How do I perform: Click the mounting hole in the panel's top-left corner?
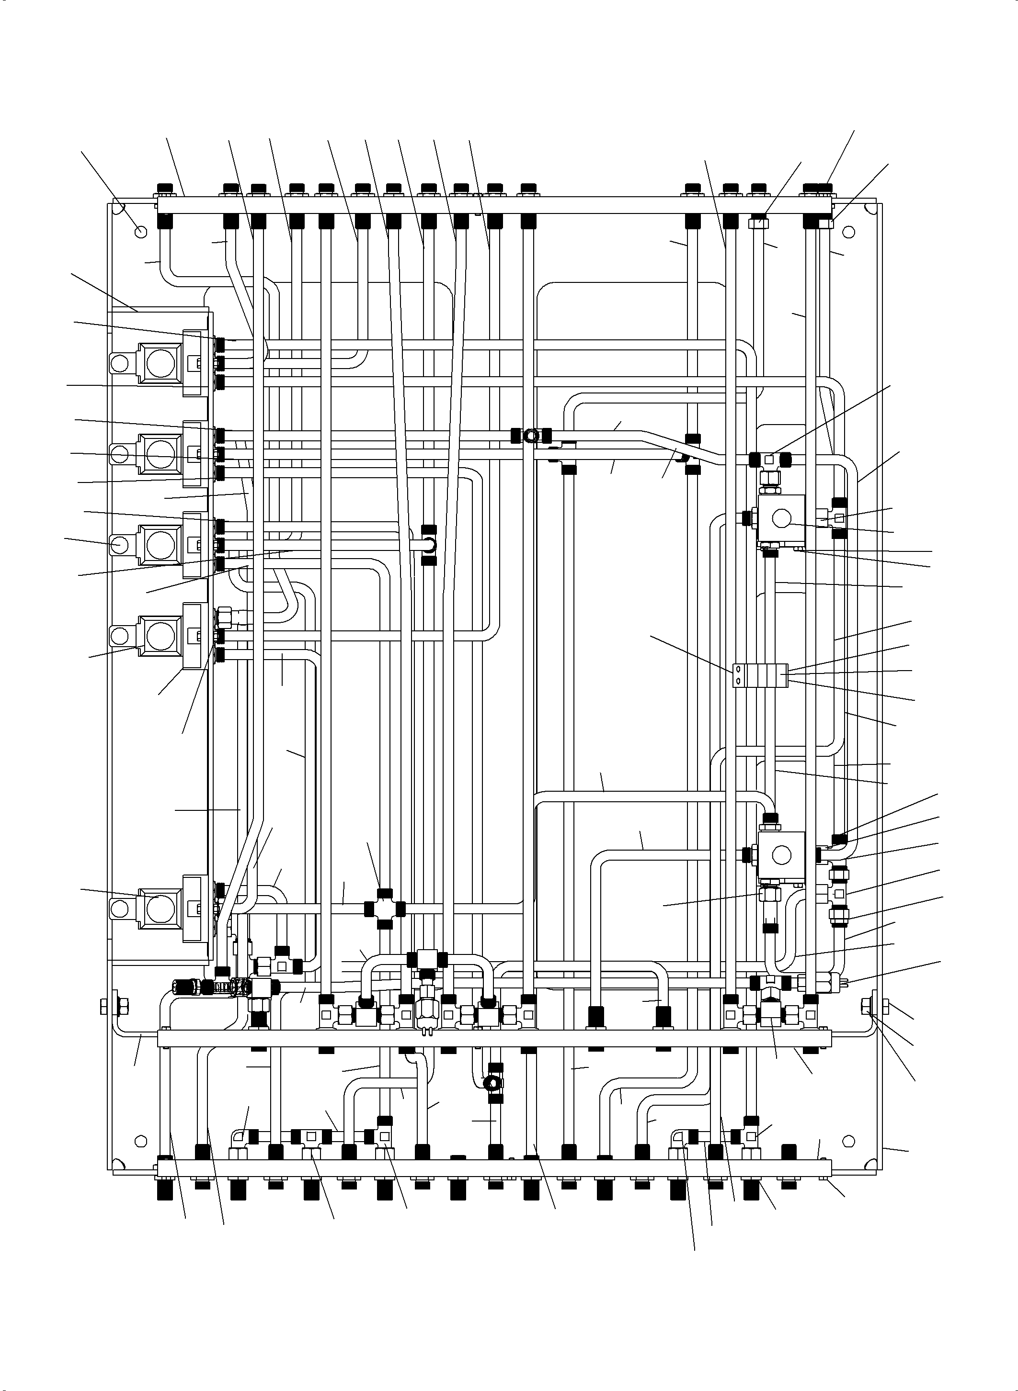[x=140, y=232]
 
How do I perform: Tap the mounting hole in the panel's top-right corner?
[x=848, y=232]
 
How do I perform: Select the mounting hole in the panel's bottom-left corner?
[x=140, y=1140]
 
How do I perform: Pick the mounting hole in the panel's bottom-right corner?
[x=848, y=1140]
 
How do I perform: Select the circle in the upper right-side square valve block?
[x=782, y=519]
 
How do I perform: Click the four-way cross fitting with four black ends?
[x=384, y=908]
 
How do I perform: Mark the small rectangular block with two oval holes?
[x=761, y=675]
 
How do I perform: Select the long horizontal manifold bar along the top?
[x=493, y=205]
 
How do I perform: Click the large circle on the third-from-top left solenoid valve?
[x=160, y=544]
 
